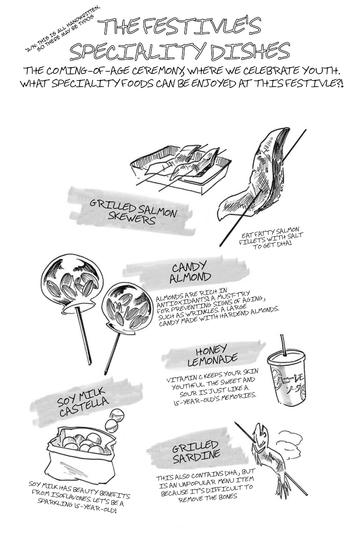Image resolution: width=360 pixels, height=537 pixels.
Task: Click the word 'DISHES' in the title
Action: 250,51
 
